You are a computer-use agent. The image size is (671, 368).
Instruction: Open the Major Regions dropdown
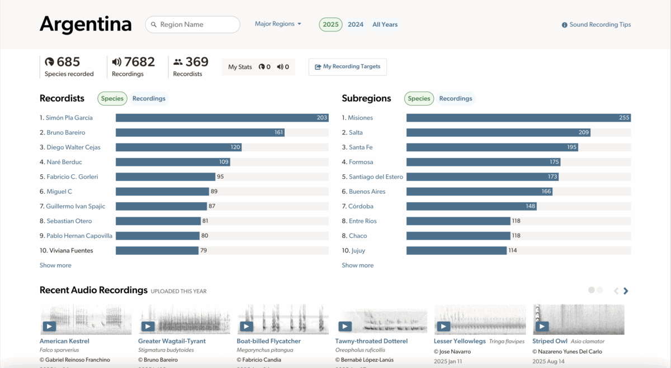pyautogui.click(x=278, y=24)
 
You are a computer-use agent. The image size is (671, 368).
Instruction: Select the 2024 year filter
pyautogui.click(x=355, y=25)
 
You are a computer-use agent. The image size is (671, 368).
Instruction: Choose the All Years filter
pyautogui.click(x=385, y=25)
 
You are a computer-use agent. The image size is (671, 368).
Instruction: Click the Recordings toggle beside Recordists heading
pyautogui.click(x=149, y=99)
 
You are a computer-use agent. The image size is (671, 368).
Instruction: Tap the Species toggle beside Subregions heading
pyautogui.click(x=419, y=99)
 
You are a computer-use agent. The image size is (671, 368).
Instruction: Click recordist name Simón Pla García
pyautogui.click(x=69, y=118)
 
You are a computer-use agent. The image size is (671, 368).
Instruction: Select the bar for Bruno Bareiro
pyautogui.click(x=200, y=133)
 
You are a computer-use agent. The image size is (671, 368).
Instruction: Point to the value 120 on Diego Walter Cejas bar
pyautogui.click(x=235, y=147)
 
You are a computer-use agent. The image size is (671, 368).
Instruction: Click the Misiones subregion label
pyautogui.click(x=360, y=118)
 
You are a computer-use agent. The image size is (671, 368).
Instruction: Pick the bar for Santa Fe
pyautogui.click(x=492, y=147)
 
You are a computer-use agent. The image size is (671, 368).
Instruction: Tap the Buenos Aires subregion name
pyautogui.click(x=367, y=192)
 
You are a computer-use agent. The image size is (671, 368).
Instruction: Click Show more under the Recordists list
pyautogui.click(x=55, y=266)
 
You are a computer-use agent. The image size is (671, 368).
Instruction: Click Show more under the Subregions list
pyautogui.click(x=357, y=266)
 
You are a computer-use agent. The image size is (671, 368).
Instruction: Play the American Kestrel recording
pyautogui.click(x=49, y=327)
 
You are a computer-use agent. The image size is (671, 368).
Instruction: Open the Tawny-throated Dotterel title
pyautogui.click(x=371, y=341)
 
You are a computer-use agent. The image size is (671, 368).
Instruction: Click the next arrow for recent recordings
pyautogui.click(x=626, y=291)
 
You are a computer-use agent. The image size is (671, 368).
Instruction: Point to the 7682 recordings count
pyautogui.click(x=139, y=62)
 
